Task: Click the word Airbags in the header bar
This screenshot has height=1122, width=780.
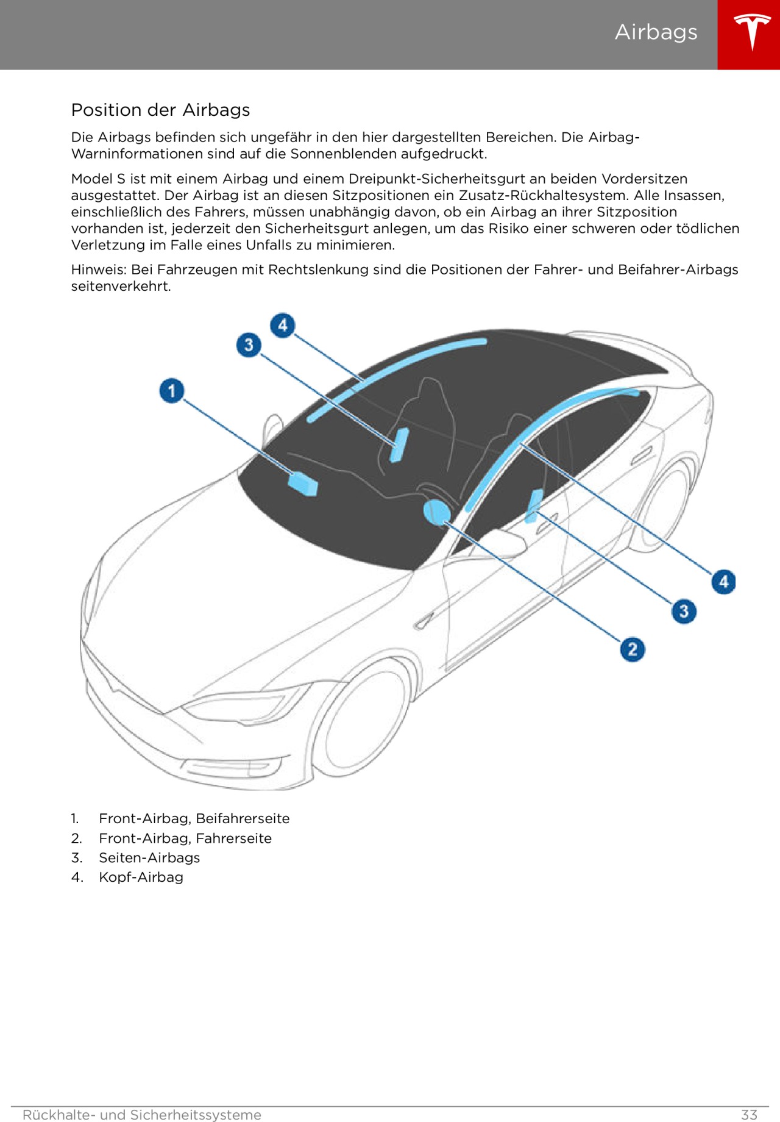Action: (656, 32)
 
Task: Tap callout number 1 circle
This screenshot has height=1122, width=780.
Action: (172, 391)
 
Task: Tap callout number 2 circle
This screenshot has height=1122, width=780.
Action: (633, 649)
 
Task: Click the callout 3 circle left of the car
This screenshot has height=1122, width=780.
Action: (249, 345)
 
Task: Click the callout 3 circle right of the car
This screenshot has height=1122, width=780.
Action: (684, 610)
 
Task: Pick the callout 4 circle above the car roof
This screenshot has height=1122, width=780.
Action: (283, 325)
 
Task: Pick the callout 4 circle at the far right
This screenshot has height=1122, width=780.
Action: (723, 581)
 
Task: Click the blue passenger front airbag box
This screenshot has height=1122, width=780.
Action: (303, 483)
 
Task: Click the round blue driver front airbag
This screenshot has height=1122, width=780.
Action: (436, 512)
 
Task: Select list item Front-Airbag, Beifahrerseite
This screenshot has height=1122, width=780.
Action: (194, 818)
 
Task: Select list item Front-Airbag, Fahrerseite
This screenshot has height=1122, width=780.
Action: (185, 838)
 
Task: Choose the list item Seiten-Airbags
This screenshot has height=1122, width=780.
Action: (149, 857)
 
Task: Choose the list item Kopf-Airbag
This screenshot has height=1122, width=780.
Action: (141, 877)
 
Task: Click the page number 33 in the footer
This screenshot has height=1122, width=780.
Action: (749, 1115)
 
